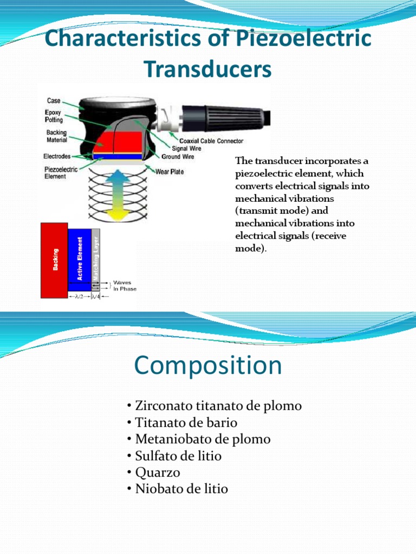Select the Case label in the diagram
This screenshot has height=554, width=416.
click(53, 101)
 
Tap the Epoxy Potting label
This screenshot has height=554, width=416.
click(53, 116)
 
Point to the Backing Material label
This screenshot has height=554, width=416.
click(56, 136)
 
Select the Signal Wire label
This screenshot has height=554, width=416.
click(187, 148)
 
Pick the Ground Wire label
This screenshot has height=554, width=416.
click(178, 157)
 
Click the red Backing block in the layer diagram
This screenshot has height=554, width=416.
click(54, 260)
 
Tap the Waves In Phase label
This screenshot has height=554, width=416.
click(125, 286)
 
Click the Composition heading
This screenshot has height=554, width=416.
click(208, 366)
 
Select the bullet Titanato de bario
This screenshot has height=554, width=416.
click(182, 423)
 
